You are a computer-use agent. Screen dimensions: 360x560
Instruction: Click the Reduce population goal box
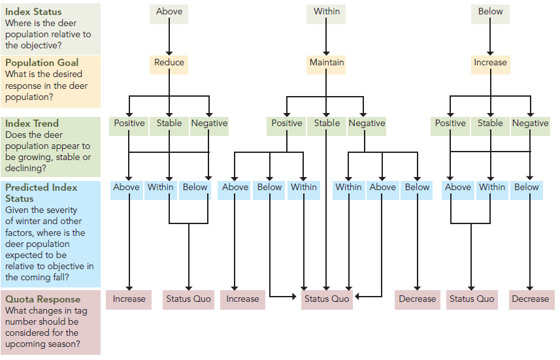pyautogui.click(x=169, y=63)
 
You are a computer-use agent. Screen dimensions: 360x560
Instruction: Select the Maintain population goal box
pyautogui.click(x=326, y=63)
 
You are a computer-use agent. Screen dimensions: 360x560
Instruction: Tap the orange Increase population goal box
pyautogui.click(x=490, y=63)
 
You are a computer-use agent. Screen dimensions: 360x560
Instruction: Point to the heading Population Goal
pyautogui.click(x=42, y=63)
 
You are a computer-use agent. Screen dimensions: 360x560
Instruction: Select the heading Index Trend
pyautogui.click(x=32, y=123)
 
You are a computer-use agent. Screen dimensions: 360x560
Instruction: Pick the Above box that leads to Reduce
pyautogui.click(x=169, y=12)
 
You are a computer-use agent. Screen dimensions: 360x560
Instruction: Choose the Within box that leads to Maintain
pyautogui.click(x=326, y=12)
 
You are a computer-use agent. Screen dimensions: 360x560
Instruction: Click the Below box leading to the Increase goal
pyautogui.click(x=490, y=12)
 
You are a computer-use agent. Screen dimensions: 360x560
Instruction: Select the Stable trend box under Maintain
pyautogui.click(x=327, y=123)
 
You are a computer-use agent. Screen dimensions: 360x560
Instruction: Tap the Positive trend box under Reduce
pyautogui.click(x=129, y=123)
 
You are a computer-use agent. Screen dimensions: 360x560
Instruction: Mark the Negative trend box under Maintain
pyautogui.click(x=367, y=123)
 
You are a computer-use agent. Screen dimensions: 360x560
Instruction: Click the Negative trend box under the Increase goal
pyautogui.click(x=530, y=123)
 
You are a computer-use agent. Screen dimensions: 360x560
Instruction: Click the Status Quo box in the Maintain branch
pyautogui.click(x=326, y=299)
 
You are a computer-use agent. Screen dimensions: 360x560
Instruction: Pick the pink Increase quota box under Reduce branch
pyautogui.click(x=129, y=299)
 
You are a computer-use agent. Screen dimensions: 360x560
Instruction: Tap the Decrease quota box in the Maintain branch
pyautogui.click(x=417, y=299)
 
